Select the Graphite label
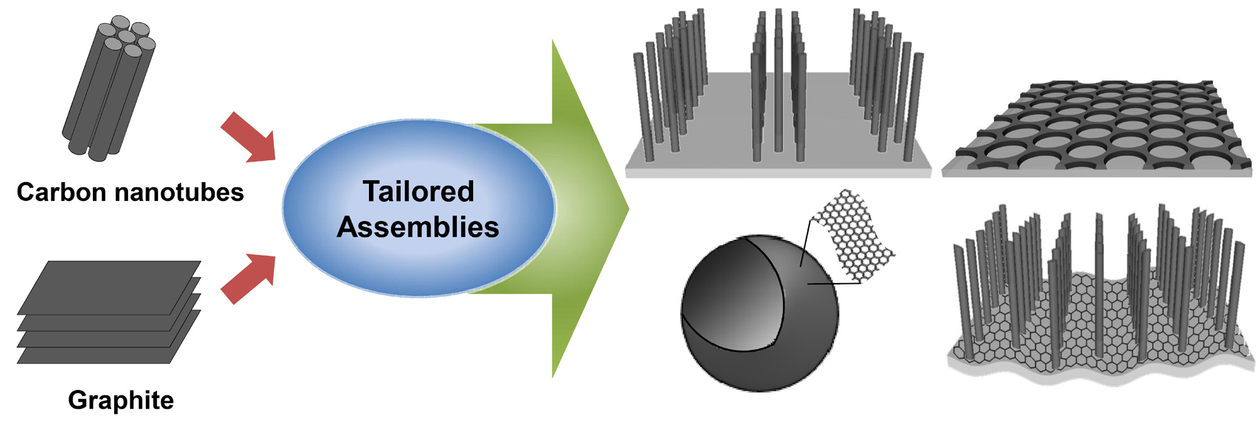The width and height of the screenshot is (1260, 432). pos(120,400)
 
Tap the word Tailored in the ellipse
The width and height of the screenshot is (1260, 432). pos(419,191)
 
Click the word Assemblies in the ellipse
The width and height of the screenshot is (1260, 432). pos(418,227)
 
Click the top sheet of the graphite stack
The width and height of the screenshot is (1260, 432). pos(110,286)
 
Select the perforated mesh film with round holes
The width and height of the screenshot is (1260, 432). pos(1101,129)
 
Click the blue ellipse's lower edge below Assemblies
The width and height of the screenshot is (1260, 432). pos(419,294)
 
